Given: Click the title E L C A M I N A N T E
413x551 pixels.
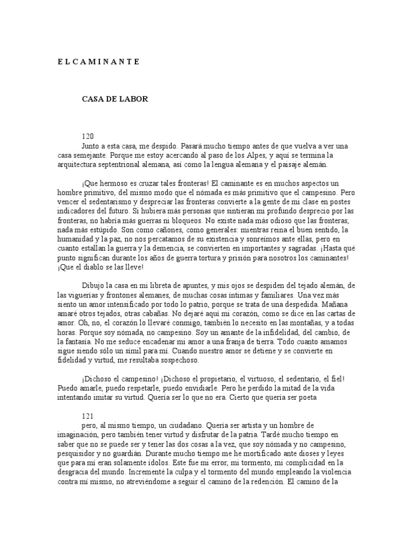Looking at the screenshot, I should (x=98, y=62).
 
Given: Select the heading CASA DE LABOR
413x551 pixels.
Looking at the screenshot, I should (x=115, y=100).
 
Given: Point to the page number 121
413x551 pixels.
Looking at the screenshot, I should (x=88, y=416).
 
